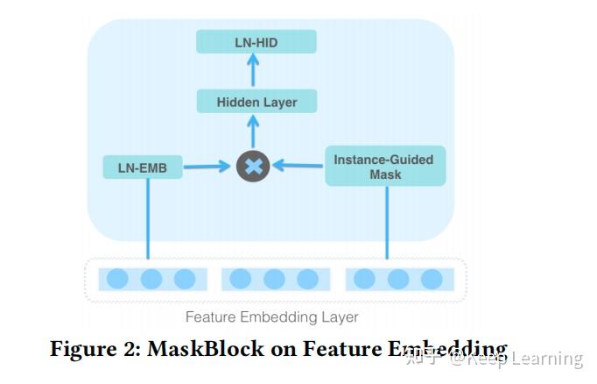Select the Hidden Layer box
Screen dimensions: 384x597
point(256,102)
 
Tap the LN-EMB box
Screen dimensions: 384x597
point(142,166)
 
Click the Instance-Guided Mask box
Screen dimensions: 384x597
point(385,167)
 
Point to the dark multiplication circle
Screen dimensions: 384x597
point(253,166)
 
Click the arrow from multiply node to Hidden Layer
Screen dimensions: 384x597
point(253,132)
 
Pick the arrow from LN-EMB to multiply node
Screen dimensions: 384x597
point(206,166)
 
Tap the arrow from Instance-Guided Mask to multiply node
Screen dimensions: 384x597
point(298,164)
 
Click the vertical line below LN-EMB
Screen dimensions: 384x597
point(147,219)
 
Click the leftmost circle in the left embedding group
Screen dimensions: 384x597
point(117,279)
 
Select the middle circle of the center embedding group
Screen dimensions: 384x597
point(274,279)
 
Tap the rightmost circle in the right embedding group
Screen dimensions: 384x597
point(432,279)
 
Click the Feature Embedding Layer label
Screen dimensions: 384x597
point(271,316)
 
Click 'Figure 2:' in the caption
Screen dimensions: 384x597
point(95,348)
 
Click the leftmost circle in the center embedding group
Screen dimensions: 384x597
point(240,279)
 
